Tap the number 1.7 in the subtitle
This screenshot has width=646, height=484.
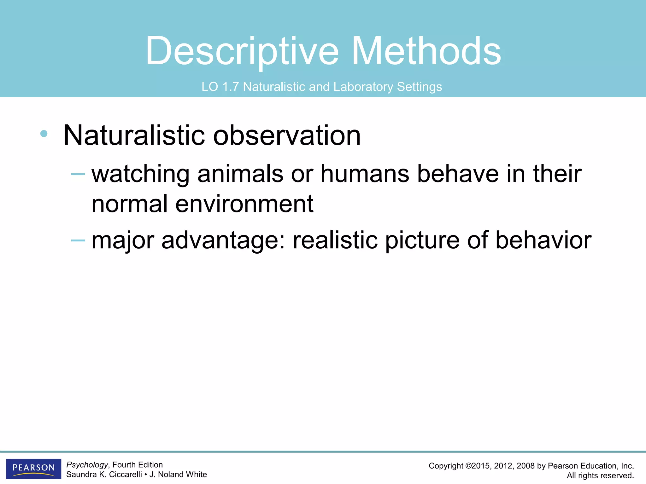[230, 87]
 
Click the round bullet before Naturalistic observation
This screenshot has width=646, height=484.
[44, 134]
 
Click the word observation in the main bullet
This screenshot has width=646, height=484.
[287, 135]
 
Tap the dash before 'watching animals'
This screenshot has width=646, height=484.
[78, 174]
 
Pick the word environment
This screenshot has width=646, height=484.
[244, 204]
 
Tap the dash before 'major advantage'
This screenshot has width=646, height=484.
[78, 241]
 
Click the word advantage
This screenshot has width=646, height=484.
[224, 241]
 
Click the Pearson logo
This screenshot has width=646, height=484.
[33, 469]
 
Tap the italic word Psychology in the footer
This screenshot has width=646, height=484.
[87, 465]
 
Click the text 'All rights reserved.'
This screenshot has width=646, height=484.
[600, 475]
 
